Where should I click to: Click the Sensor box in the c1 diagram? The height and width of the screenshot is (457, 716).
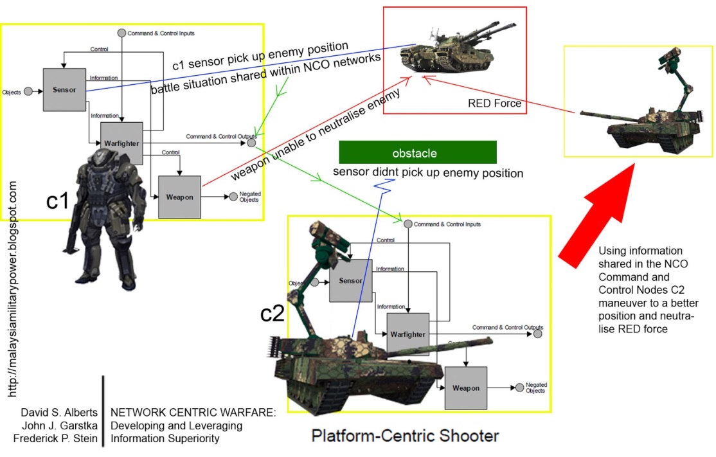pos(64,89)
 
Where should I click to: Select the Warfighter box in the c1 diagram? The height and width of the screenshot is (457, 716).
pos(121,142)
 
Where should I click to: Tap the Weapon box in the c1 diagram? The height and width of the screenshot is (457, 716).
pos(179,197)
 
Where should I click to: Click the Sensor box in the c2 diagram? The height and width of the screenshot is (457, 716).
pos(350,281)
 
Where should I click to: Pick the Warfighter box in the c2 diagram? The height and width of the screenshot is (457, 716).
pos(407,334)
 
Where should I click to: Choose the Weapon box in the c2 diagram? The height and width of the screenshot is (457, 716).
pos(465,388)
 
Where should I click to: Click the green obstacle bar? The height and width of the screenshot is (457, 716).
pos(418,152)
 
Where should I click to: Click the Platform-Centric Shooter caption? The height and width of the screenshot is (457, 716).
pos(405,436)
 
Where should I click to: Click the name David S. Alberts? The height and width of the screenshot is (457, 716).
pos(59,412)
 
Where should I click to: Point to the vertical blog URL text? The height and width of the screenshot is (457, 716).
pos(13,289)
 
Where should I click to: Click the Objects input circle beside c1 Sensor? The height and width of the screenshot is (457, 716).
pos(28,92)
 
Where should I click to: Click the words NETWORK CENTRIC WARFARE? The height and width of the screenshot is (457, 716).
pos(193,413)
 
